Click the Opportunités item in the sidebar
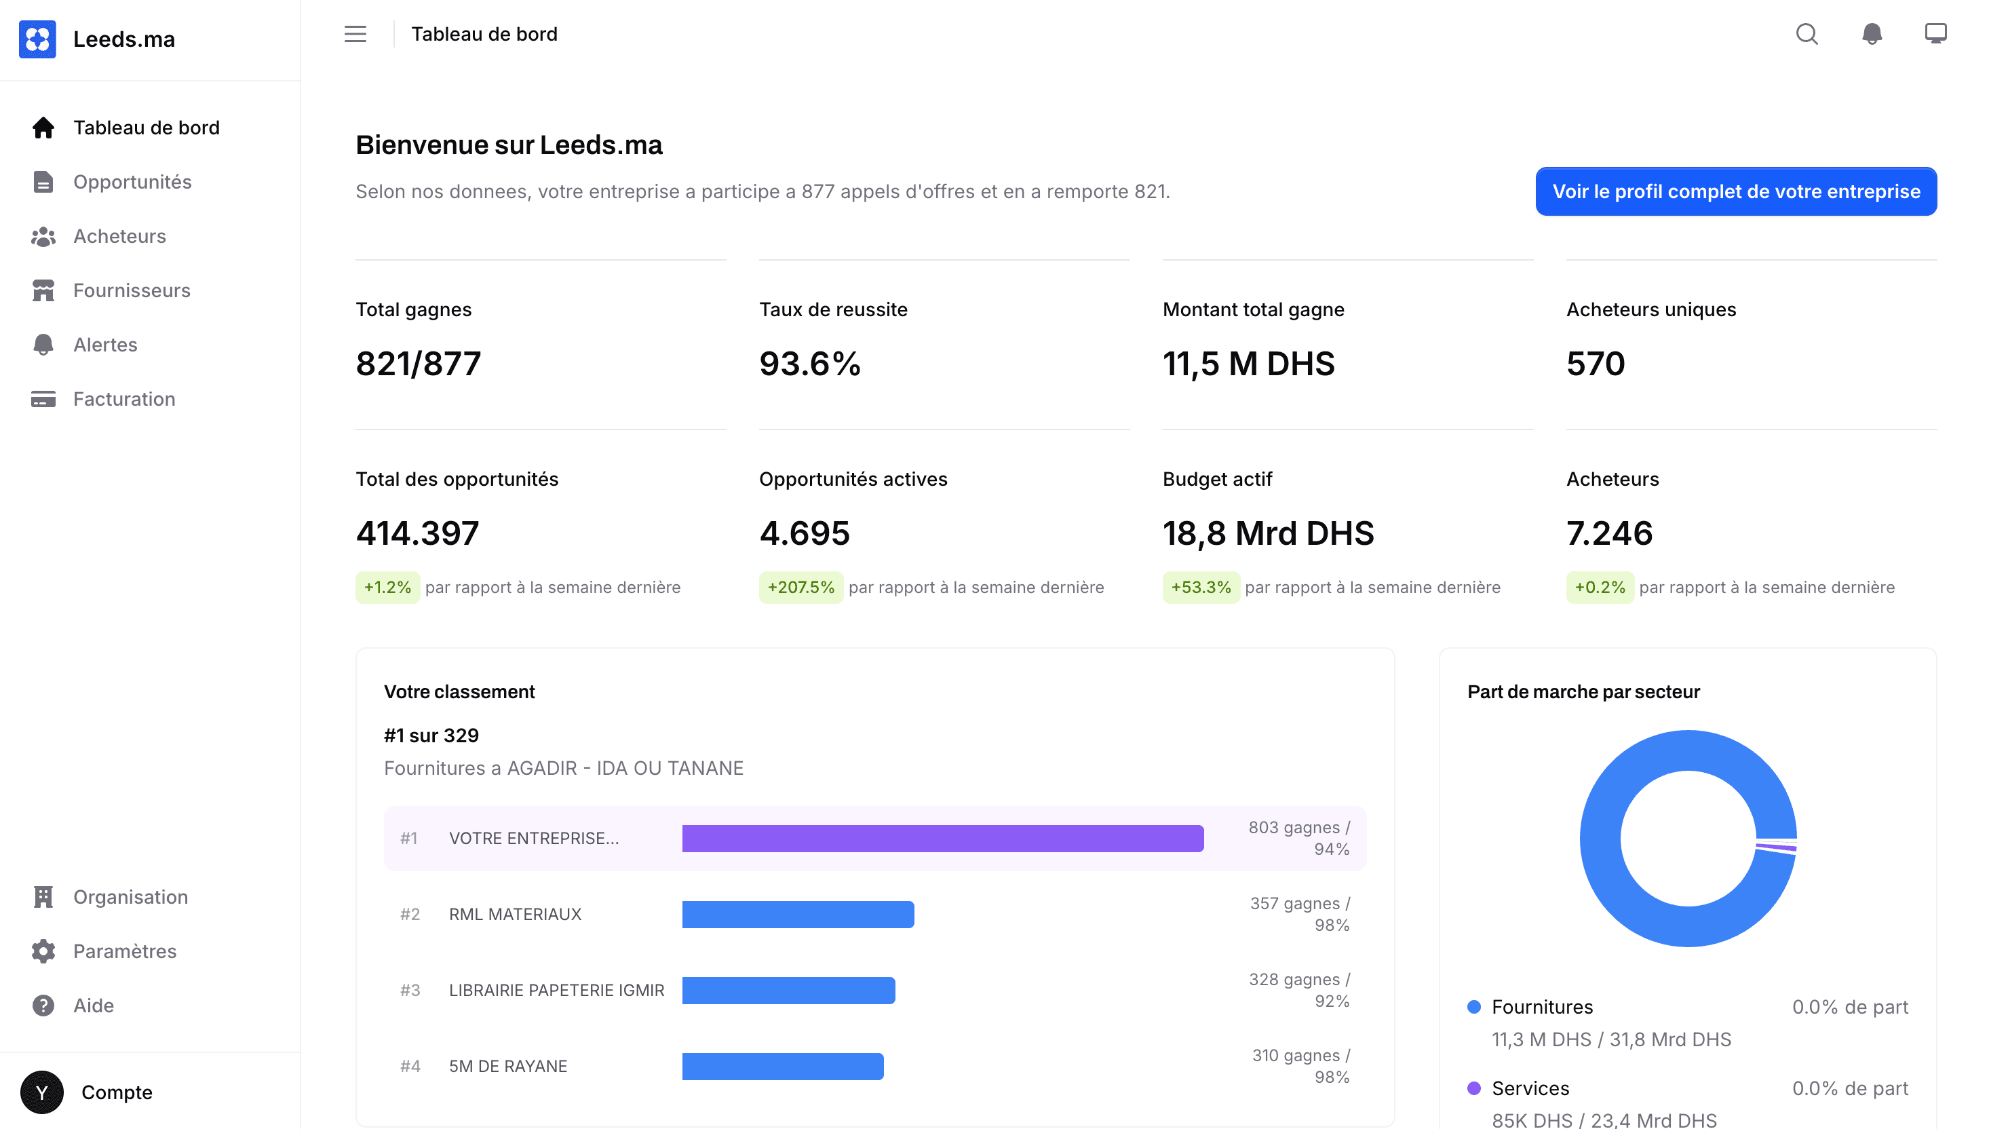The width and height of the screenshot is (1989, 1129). [132, 183]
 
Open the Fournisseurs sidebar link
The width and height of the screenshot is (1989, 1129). [131, 291]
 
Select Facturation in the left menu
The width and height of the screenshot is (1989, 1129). [124, 400]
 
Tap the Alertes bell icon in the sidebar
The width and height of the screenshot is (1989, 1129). [43, 345]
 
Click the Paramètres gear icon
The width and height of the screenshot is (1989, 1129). [43, 951]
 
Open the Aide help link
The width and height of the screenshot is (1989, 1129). [93, 1006]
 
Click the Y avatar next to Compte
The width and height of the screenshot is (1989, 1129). [42, 1092]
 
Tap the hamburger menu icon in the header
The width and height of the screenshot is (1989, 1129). [355, 34]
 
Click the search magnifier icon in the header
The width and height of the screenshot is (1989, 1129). [1807, 34]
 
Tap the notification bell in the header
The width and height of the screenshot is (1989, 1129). [1872, 34]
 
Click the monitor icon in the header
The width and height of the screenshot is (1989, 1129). [1935, 34]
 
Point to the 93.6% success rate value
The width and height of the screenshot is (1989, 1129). [810, 364]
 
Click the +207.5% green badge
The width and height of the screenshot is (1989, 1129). [800, 588]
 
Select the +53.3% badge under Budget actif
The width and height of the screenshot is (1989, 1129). [1201, 588]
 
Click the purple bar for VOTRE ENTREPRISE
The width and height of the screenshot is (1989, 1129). [942, 838]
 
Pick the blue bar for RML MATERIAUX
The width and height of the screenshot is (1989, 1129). [798, 914]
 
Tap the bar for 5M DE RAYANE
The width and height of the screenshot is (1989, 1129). [783, 1066]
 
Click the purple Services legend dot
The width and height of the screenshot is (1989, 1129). [1474, 1089]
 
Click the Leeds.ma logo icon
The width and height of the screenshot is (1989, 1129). [37, 39]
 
